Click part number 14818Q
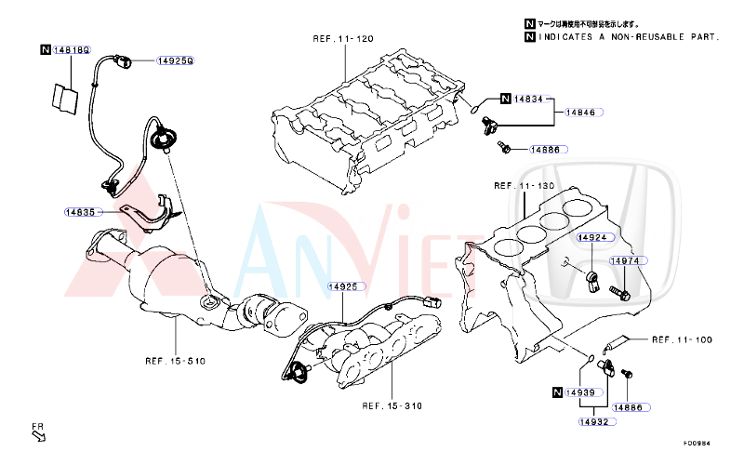[x=71, y=48]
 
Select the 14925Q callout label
[x=175, y=60]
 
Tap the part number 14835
[x=80, y=212]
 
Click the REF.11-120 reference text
[x=342, y=38]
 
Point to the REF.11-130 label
[x=524, y=186]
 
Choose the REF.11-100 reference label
[x=682, y=339]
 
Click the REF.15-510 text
[x=175, y=360]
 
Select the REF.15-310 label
[x=392, y=405]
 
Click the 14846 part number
[x=582, y=112]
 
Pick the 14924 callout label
[x=591, y=238]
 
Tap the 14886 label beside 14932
[x=632, y=407]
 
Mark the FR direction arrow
[x=39, y=432]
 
